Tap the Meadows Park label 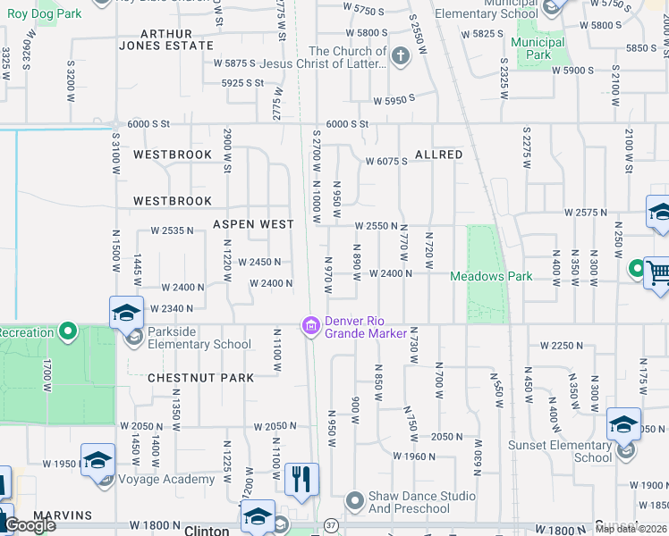pos(491,276)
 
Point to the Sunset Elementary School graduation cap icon pos(623,423)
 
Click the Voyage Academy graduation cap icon pos(97,459)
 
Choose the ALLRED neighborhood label pos(438,155)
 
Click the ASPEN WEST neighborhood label pos(252,224)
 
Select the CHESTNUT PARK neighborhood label pos(200,378)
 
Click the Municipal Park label pos(539,48)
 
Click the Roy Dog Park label pos(44,13)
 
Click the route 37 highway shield pos(330,524)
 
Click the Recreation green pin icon pos(68,332)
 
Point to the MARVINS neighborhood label pos(63,515)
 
